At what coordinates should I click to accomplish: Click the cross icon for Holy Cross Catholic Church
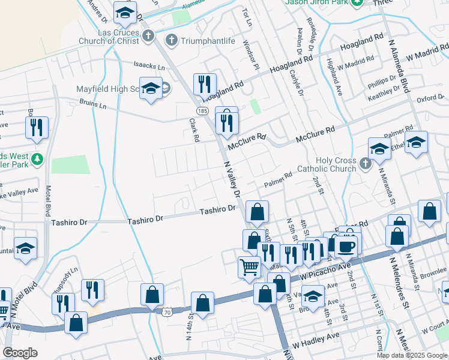[365, 163]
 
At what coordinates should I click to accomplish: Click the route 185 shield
[201, 111]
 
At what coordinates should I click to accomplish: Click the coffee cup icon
[346, 246]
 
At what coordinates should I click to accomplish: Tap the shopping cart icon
[249, 266]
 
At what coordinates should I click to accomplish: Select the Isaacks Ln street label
[149, 64]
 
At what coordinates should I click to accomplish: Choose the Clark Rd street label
[193, 129]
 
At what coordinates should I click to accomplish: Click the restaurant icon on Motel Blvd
[37, 127]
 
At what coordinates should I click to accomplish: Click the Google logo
[20, 352]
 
